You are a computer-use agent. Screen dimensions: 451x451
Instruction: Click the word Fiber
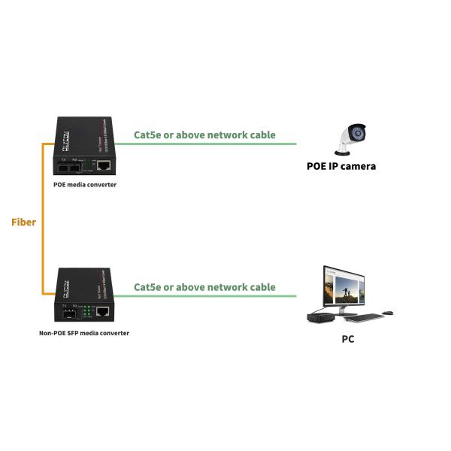coord(23,222)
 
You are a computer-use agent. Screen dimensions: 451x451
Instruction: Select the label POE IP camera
coord(341,166)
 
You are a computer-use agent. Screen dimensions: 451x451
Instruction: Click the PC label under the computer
coord(347,339)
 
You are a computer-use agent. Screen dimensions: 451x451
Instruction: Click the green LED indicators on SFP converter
coord(87,311)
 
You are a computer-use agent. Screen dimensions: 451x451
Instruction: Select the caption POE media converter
coord(84,184)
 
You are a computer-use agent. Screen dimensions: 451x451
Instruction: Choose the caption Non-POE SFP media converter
coord(84,333)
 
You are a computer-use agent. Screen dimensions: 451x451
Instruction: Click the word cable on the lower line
coord(260,287)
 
